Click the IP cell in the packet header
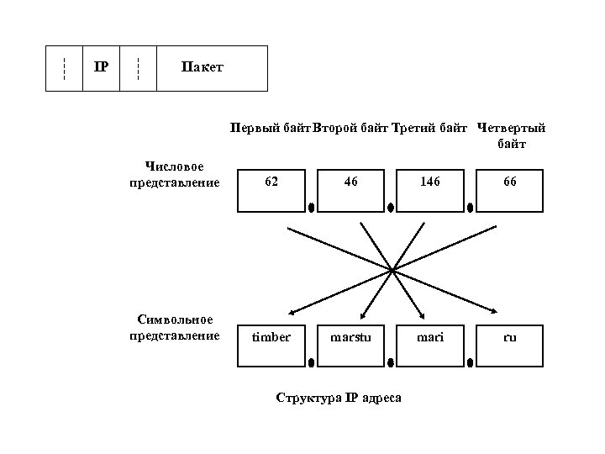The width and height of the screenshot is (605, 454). point(101,67)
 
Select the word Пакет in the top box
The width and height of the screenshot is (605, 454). point(203,67)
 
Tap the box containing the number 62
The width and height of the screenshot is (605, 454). point(271,189)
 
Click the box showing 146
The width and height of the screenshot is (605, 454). point(429,189)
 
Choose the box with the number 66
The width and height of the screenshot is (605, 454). point(509,189)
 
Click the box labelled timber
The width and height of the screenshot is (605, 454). point(271,344)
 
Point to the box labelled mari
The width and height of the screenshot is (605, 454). point(429,344)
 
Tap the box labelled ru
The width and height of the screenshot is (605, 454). point(509,344)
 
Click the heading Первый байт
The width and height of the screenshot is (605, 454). point(271,129)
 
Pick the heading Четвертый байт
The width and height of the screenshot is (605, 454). point(511,136)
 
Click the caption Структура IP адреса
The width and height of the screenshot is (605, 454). point(339,398)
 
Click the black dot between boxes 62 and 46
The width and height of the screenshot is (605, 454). point(311,206)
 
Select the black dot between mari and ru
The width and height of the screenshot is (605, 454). point(470,362)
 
